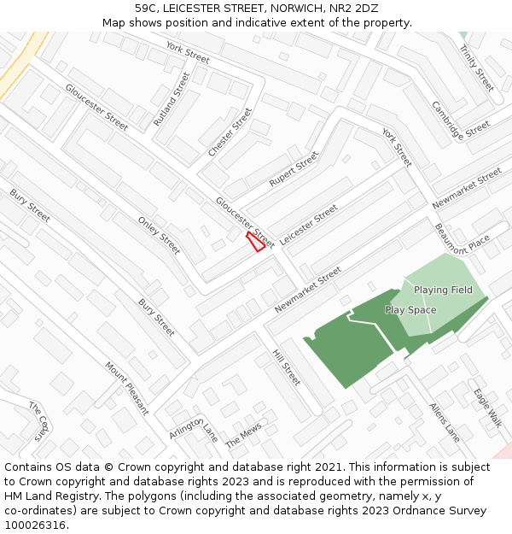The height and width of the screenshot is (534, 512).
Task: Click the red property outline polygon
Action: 254,242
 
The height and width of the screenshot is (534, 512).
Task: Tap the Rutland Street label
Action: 172,99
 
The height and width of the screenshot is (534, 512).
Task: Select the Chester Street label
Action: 230,132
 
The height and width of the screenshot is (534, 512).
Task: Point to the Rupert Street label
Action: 294,169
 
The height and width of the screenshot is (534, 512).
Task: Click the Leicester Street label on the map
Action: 309,225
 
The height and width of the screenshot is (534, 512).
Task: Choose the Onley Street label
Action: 159,235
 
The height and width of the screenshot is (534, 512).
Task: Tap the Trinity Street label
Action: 476,67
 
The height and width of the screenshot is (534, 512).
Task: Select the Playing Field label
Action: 443,290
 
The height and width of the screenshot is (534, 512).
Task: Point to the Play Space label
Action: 410,310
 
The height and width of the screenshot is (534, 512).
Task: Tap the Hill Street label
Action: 287,367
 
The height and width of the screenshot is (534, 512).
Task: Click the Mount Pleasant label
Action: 126,388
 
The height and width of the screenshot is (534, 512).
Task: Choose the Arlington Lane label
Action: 193,430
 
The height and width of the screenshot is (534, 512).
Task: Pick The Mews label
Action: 243,435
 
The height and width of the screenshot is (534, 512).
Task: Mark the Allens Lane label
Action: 445,422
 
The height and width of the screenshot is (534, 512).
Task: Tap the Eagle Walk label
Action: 488,406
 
